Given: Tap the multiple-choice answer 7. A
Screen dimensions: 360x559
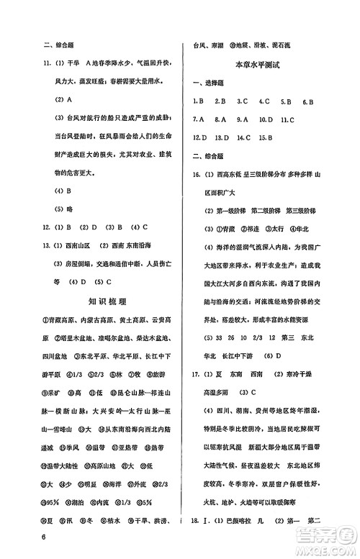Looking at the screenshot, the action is [x=199, y=119].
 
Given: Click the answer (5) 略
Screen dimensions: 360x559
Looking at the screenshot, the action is [x=64, y=209].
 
